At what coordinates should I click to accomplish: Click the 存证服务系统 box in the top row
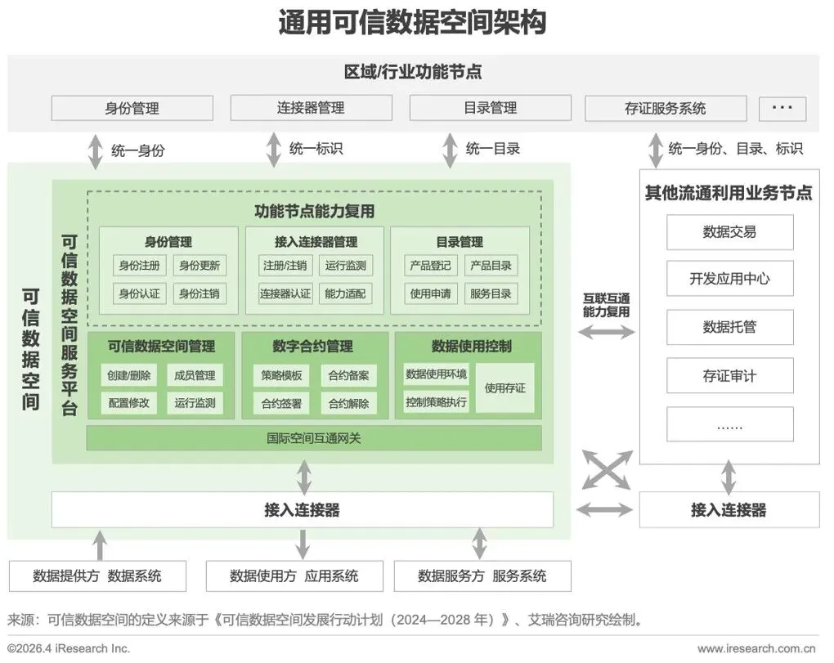(666, 108)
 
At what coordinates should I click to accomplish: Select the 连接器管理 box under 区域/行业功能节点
(311, 108)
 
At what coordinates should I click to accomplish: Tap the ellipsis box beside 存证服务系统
(782, 108)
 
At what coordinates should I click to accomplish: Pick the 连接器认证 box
(285, 293)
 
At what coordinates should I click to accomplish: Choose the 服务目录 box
(491, 293)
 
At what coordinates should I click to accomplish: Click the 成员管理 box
(195, 375)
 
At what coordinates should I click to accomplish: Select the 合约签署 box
(281, 403)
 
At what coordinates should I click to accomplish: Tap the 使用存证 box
(505, 388)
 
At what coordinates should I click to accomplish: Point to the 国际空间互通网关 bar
(314, 438)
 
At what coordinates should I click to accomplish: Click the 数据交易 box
(729, 232)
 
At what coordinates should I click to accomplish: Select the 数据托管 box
(729, 327)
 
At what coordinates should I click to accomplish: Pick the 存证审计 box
(729, 376)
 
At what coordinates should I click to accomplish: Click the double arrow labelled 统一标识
(273, 150)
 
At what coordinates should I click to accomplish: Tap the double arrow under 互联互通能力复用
(606, 332)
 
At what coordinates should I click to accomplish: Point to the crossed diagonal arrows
(606, 471)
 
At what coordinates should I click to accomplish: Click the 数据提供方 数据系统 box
(97, 576)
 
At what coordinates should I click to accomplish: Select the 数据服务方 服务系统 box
(482, 576)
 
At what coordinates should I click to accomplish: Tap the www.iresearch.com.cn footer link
(757, 649)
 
